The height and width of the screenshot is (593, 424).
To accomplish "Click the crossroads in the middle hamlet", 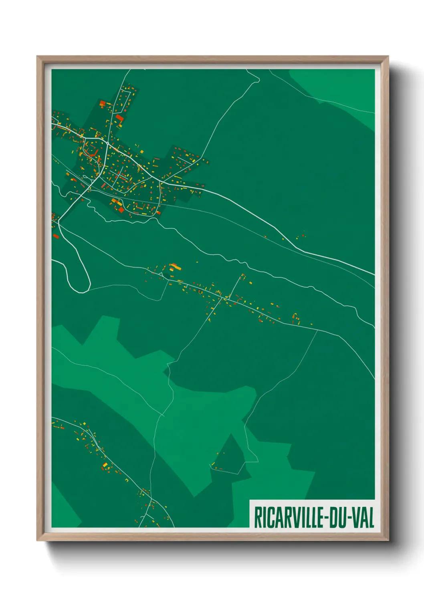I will coord(222,298).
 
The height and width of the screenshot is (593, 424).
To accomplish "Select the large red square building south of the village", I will coord(121,209).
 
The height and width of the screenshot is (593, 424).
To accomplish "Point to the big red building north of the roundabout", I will coord(120,118).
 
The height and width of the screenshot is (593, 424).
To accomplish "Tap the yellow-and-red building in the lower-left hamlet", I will coord(105,466).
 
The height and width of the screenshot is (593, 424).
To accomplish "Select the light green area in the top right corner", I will coord(345,88).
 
